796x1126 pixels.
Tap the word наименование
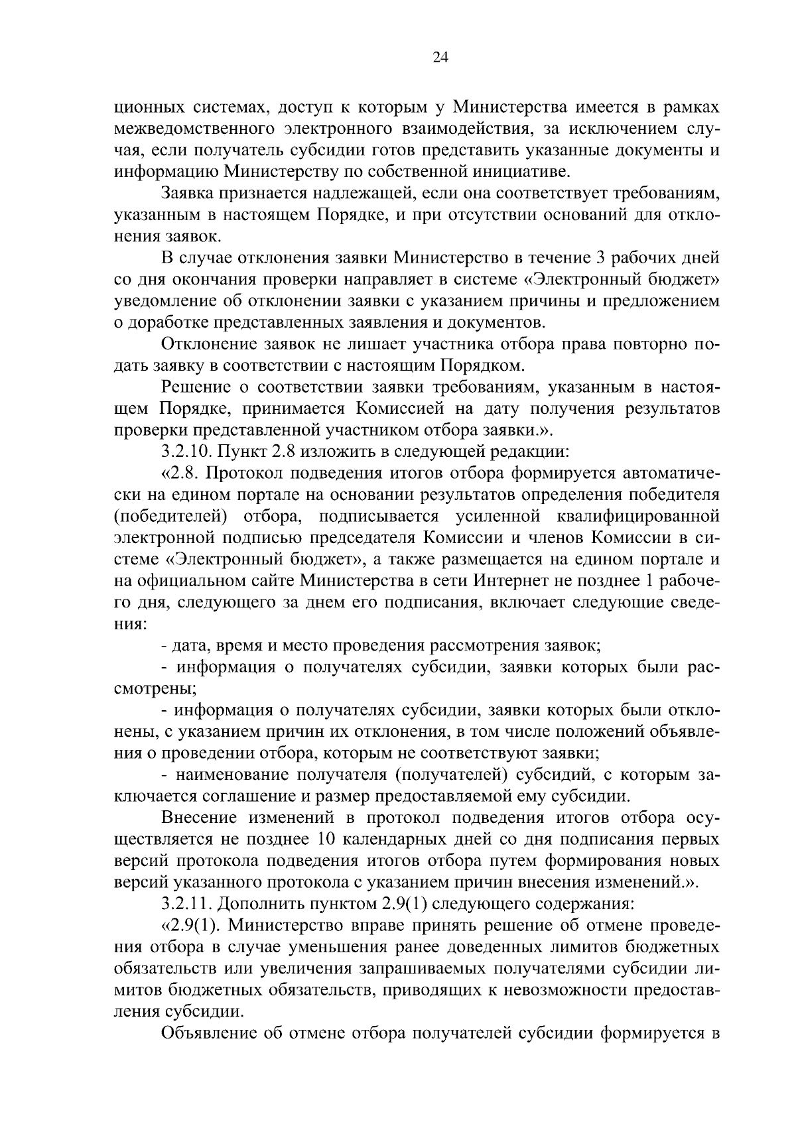click(x=233, y=775)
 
